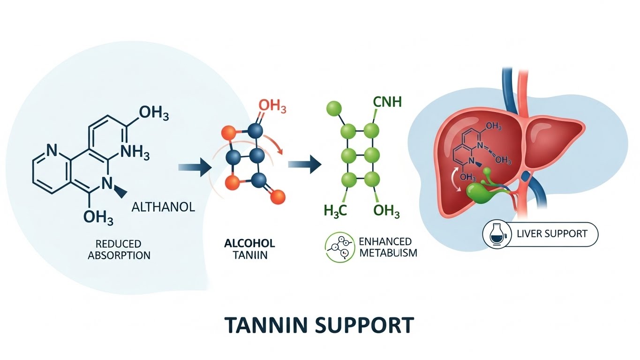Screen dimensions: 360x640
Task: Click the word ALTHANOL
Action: [x=163, y=207]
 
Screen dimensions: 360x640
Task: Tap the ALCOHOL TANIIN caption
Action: [x=249, y=249]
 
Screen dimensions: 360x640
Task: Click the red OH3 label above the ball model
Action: [x=272, y=105]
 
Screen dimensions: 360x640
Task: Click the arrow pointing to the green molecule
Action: [x=305, y=165]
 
